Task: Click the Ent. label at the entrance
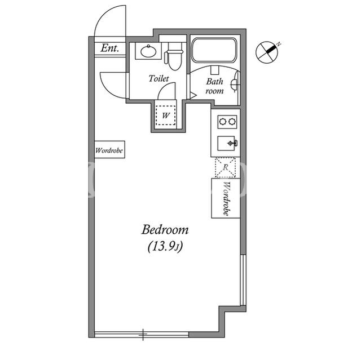point(110,48)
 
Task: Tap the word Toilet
point(159,78)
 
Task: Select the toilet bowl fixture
point(174,57)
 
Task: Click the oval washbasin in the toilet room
point(148,51)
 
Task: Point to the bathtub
point(214,50)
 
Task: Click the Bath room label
point(214,86)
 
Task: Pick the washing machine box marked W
point(165,115)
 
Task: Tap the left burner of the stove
point(223,122)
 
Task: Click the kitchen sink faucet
point(232,143)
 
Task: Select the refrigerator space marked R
point(226,167)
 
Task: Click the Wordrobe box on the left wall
point(110,149)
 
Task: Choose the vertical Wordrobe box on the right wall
point(226,198)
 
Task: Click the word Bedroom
point(165,230)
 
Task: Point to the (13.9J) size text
point(165,247)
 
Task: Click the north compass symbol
point(267,52)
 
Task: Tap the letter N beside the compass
point(279,44)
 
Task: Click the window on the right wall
point(243,280)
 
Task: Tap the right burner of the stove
point(232,122)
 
